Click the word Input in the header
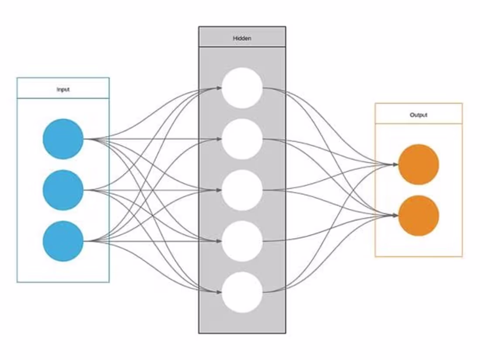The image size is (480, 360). coord(63,89)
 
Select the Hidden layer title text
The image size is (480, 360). coord(242,38)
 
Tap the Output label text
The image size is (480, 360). coord(418,115)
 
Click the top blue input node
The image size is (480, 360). coord(63,139)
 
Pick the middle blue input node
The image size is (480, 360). coord(63,190)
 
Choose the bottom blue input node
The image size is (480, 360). coord(63,241)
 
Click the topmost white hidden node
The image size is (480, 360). coord(242,88)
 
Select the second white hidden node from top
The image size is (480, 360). coord(242,139)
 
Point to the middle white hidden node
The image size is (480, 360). coord(242,190)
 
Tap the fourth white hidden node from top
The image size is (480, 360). coord(242,241)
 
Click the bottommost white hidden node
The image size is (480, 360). coord(242,292)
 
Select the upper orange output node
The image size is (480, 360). coord(418,165)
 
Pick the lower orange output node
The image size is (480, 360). coord(418,216)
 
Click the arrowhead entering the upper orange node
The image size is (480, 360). coord(395,165)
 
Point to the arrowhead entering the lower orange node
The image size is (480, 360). coord(395,216)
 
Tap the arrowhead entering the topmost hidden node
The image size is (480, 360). coord(219,88)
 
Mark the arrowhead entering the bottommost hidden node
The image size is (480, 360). coord(219,292)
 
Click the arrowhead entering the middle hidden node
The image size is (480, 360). coord(219,190)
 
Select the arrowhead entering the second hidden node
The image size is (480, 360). coord(219,139)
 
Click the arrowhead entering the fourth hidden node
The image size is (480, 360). coord(219,241)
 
